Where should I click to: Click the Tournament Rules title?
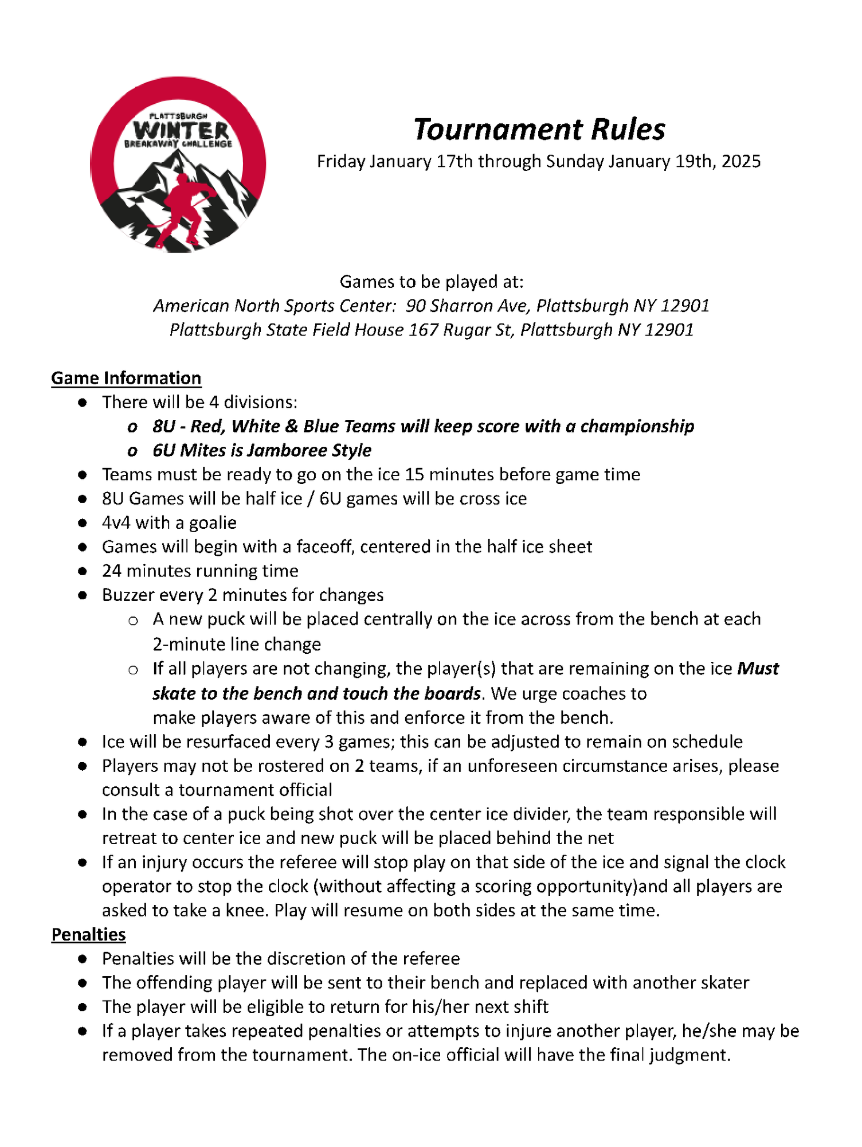539,129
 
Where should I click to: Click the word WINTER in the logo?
181,130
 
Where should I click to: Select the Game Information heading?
126,378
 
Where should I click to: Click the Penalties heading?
88,934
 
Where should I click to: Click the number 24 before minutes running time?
112,571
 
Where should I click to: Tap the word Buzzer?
126,595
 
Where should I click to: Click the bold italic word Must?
757,668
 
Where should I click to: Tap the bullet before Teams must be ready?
83,475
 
